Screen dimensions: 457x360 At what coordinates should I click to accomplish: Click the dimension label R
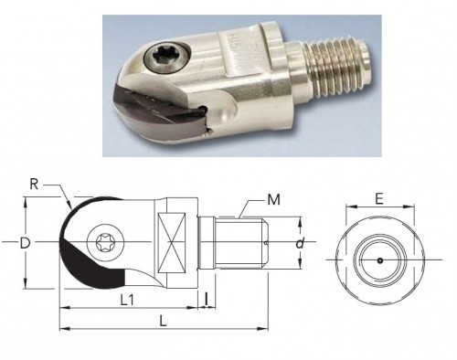34,185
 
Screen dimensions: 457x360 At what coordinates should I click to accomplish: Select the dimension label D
25,243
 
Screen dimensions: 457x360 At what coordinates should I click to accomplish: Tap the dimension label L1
127,301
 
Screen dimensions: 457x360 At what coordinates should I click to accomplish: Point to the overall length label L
164,322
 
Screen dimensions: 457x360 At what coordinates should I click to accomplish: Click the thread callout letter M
273,200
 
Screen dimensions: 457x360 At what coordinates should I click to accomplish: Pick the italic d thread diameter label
300,243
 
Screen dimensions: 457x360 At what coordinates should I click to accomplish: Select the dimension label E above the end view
379,199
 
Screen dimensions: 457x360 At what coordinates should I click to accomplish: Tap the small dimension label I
207,299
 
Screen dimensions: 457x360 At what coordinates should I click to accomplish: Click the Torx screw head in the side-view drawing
105,243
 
